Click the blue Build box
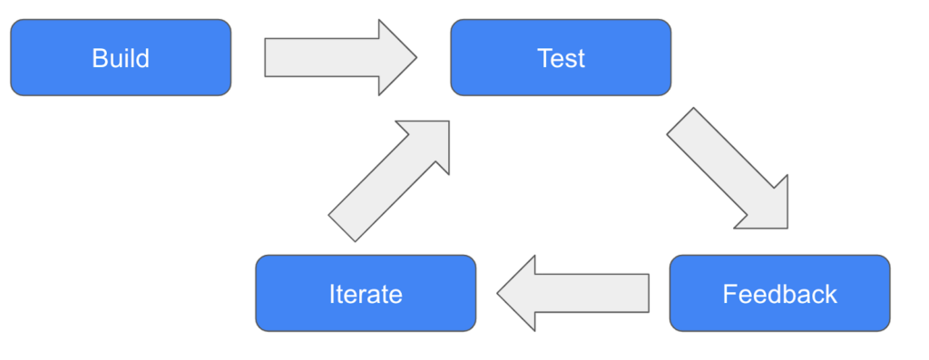pos(121,58)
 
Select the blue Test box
pos(561,58)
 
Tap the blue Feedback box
pos(779,294)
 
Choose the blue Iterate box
pos(366,294)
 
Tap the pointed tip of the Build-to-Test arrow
pos(415,58)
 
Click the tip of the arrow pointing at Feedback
pos(786,226)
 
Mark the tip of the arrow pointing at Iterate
pos(498,293)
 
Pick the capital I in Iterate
pos(331,295)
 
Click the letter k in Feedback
pos(831,295)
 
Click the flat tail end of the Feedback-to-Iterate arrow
pos(648,293)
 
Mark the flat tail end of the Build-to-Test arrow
pos(266,58)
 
